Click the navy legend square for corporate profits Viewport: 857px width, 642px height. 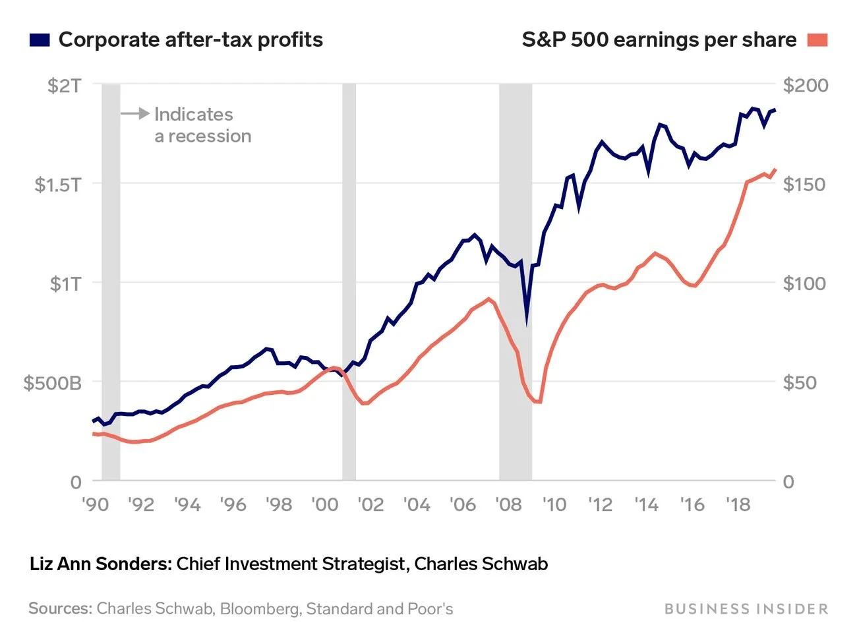point(40,40)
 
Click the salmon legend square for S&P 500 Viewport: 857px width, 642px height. point(817,40)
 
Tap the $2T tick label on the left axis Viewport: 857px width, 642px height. point(65,85)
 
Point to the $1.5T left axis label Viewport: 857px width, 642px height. point(58,184)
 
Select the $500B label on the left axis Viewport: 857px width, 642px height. point(53,382)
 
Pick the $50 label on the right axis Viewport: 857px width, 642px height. point(800,382)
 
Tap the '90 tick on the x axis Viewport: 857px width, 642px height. point(96,504)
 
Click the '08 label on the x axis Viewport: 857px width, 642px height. point(508,504)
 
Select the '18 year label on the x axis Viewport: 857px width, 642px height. point(738,504)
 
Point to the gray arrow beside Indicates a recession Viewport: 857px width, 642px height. point(135,114)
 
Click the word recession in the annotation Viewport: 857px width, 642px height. point(210,136)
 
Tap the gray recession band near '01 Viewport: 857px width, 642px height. point(349,264)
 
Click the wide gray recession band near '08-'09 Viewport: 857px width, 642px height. point(516,198)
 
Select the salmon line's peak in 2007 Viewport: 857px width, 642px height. point(489,299)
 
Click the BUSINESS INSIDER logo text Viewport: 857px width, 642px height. point(746,608)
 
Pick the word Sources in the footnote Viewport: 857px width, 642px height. point(60,608)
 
